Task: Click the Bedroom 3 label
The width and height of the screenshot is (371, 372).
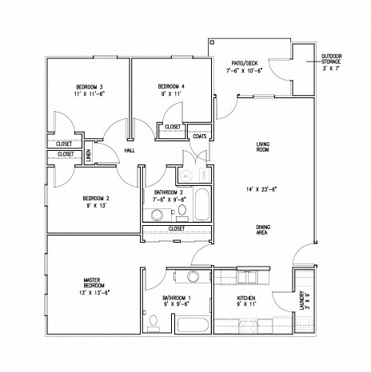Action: coord(90,85)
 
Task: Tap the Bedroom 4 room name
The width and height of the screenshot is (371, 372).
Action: coord(171,85)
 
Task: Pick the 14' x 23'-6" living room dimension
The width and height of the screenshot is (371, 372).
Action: coord(261,190)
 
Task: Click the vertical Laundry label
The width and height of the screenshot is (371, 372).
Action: coord(302,302)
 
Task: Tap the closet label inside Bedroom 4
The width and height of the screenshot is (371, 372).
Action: coord(172,127)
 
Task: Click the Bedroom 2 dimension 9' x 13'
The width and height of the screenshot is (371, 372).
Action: coord(95,205)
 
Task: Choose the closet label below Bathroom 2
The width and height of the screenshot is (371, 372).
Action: coord(177,228)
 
